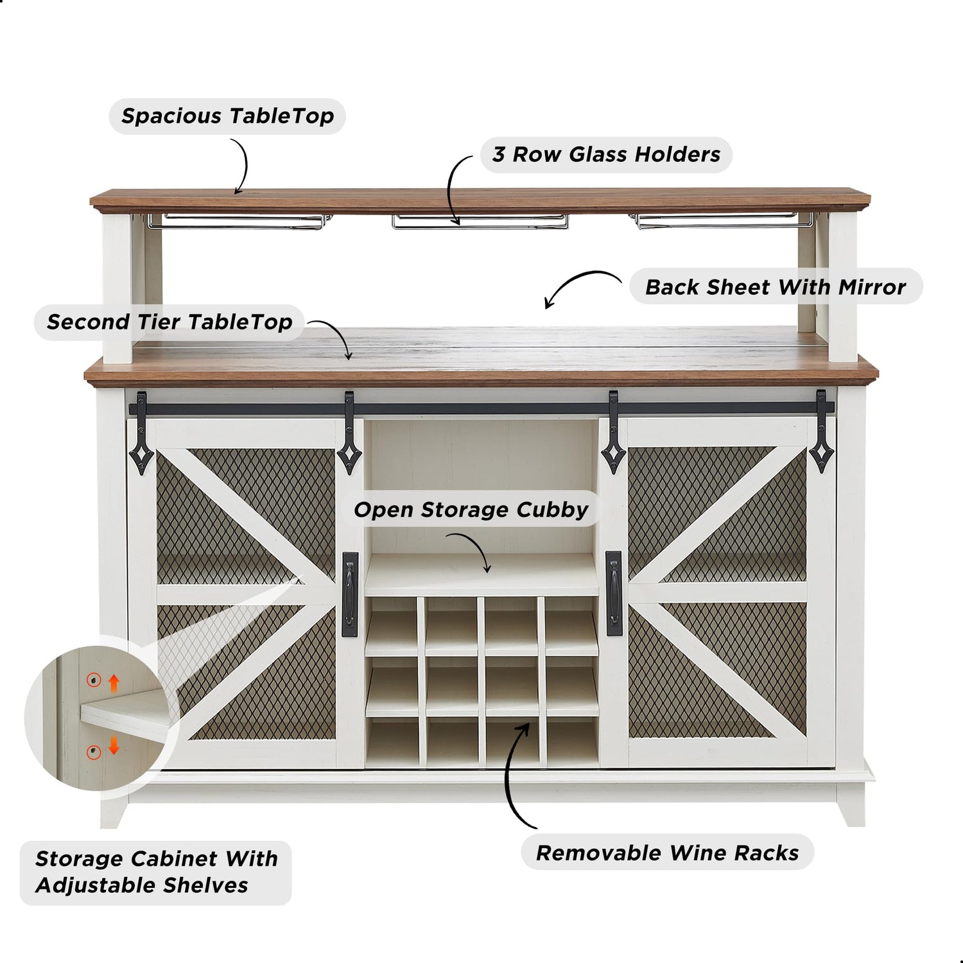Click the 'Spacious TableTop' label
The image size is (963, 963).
[x=227, y=116]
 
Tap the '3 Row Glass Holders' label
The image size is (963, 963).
[x=606, y=155]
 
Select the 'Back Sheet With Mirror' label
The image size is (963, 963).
[x=775, y=287]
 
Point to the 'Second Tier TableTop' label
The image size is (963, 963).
[x=169, y=322]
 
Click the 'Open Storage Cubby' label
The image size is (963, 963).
[x=471, y=510]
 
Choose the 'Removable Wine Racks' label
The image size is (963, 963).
[x=667, y=853]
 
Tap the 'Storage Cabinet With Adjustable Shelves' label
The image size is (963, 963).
[x=156, y=872]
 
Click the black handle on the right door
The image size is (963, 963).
[x=613, y=588]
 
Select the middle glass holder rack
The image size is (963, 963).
[x=480, y=221]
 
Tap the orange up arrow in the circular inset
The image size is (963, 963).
[x=114, y=682]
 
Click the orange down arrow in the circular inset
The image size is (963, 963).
[x=114, y=746]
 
